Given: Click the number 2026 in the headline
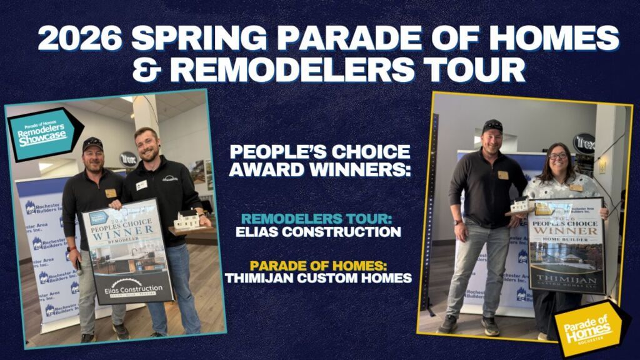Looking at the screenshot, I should point(80,39).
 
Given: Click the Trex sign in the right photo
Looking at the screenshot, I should point(584,143).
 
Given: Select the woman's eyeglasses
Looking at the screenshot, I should point(557,156).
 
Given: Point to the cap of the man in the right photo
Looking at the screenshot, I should point(492,126).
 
